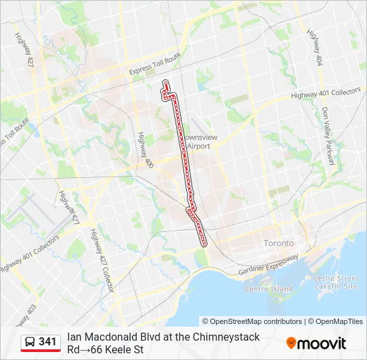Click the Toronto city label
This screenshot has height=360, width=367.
coord(279,243)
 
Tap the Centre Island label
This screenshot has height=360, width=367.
coord(269,289)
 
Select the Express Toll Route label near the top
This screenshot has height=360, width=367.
coord(155,64)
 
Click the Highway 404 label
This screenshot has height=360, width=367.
coord(314,47)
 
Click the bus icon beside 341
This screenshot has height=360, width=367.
coord(30,342)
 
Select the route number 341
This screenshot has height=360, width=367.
coord(47,342)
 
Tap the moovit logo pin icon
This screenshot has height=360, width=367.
coord(291,343)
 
